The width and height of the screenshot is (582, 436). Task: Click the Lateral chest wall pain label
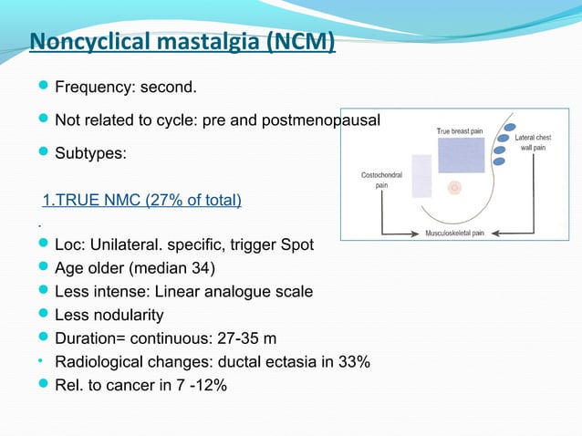click(534, 142)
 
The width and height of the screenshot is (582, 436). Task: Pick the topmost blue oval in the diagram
click(510, 128)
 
